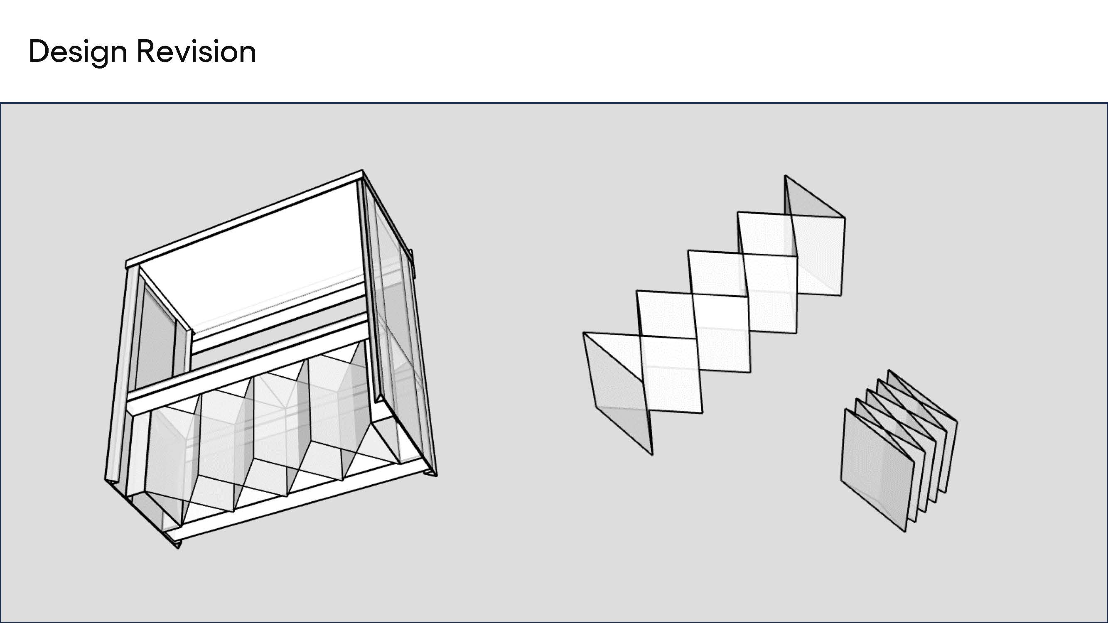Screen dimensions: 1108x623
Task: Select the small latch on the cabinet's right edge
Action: point(411,262)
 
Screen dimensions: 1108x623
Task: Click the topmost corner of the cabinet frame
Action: point(362,172)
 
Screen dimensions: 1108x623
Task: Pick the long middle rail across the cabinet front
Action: point(245,365)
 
